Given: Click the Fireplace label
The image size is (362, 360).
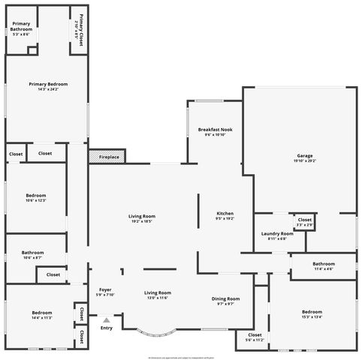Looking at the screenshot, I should coord(107,157).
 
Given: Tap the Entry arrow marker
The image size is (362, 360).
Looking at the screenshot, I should coord(106,320).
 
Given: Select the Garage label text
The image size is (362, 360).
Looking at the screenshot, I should coord(304,156).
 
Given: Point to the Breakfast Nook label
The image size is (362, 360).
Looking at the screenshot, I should coord(215,129).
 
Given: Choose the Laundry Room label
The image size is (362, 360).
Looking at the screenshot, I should coord(277,233).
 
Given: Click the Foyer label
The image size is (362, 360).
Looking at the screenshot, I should coord(105,289).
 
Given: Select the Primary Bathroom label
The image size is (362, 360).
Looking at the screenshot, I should coord(21,27).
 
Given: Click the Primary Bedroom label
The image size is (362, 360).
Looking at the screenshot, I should coord(48,84).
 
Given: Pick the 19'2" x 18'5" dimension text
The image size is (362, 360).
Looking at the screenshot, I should coord(142,221).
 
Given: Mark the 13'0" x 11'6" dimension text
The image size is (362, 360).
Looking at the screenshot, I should coord(157,298).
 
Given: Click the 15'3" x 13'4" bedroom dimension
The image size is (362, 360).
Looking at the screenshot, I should coord(312,316).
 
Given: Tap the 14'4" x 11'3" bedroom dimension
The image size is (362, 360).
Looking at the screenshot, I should coord(41,317).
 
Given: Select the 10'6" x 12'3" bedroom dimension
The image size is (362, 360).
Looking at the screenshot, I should coord(36,200).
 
